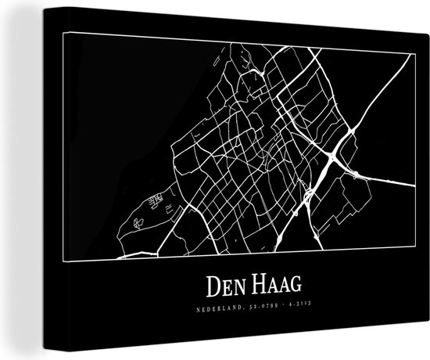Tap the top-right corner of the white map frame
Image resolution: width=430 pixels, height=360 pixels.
[x=414, y=49]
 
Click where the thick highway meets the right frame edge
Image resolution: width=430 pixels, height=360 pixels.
[x=414, y=187]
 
